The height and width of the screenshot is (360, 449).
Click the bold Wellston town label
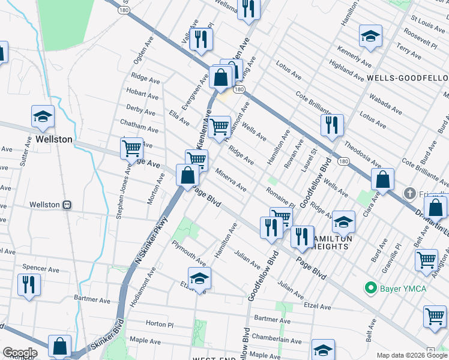(x=53, y=139)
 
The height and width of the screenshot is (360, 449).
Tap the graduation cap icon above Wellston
(x=43, y=117)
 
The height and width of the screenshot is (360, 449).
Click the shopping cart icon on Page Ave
(x=131, y=147)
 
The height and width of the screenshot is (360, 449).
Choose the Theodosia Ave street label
(x=362, y=154)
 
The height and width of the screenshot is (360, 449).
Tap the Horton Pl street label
(x=159, y=324)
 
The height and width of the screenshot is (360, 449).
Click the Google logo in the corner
(x=19, y=353)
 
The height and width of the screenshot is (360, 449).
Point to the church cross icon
(x=409, y=194)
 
